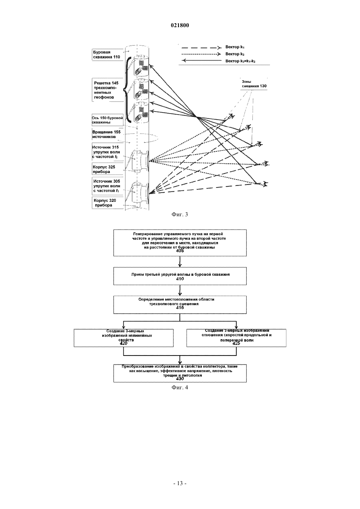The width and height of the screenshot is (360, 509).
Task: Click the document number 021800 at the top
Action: click(x=180, y=26)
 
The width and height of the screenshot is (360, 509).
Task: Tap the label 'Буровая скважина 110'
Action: click(x=107, y=55)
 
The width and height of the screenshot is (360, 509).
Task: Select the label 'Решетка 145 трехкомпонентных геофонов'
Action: click(x=106, y=90)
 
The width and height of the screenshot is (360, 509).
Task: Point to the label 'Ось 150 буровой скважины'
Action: click(x=107, y=120)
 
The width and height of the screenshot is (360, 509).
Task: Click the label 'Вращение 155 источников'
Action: click(x=106, y=134)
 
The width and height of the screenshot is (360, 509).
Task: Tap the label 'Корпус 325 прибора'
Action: click(x=104, y=169)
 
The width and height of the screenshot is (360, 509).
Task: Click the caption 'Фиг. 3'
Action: click(x=180, y=214)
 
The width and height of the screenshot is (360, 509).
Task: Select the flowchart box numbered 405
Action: click(x=180, y=243)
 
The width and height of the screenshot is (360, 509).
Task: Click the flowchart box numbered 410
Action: click(x=180, y=276)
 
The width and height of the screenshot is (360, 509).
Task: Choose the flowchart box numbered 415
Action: click(x=180, y=305)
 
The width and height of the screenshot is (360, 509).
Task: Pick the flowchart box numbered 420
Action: click(x=124, y=338)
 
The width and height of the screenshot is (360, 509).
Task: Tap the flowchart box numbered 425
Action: click(x=236, y=338)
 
